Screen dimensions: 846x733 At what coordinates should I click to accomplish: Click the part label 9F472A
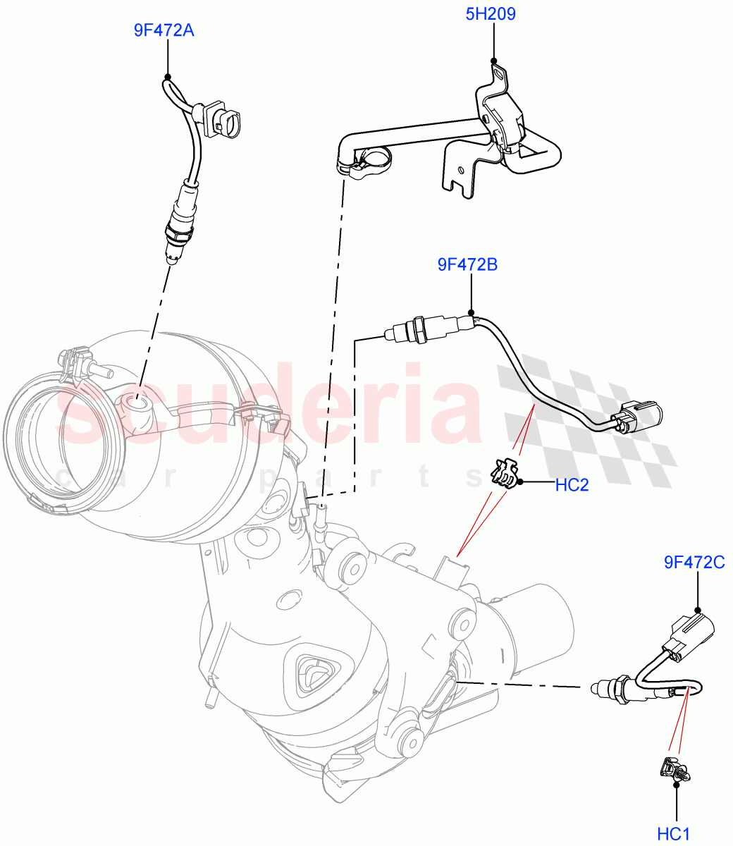click(164, 31)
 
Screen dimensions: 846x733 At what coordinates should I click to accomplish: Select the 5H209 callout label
click(491, 14)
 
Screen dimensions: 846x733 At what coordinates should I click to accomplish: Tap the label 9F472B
click(468, 265)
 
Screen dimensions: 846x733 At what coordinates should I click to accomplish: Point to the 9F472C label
click(694, 562)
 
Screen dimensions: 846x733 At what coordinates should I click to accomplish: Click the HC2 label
click(572, 484)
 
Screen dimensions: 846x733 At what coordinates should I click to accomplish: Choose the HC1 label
click(673, 834)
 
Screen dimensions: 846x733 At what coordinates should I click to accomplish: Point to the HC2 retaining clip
click(503, 473)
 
